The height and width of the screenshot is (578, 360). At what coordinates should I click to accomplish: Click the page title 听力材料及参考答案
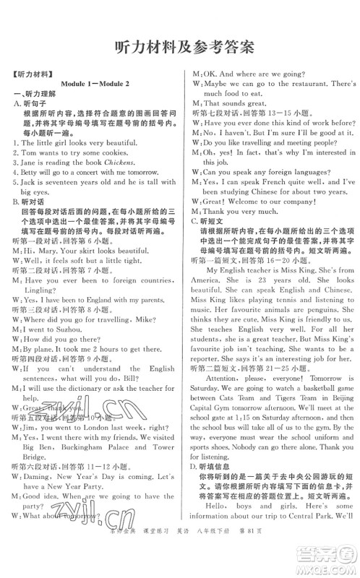(180, 46)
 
